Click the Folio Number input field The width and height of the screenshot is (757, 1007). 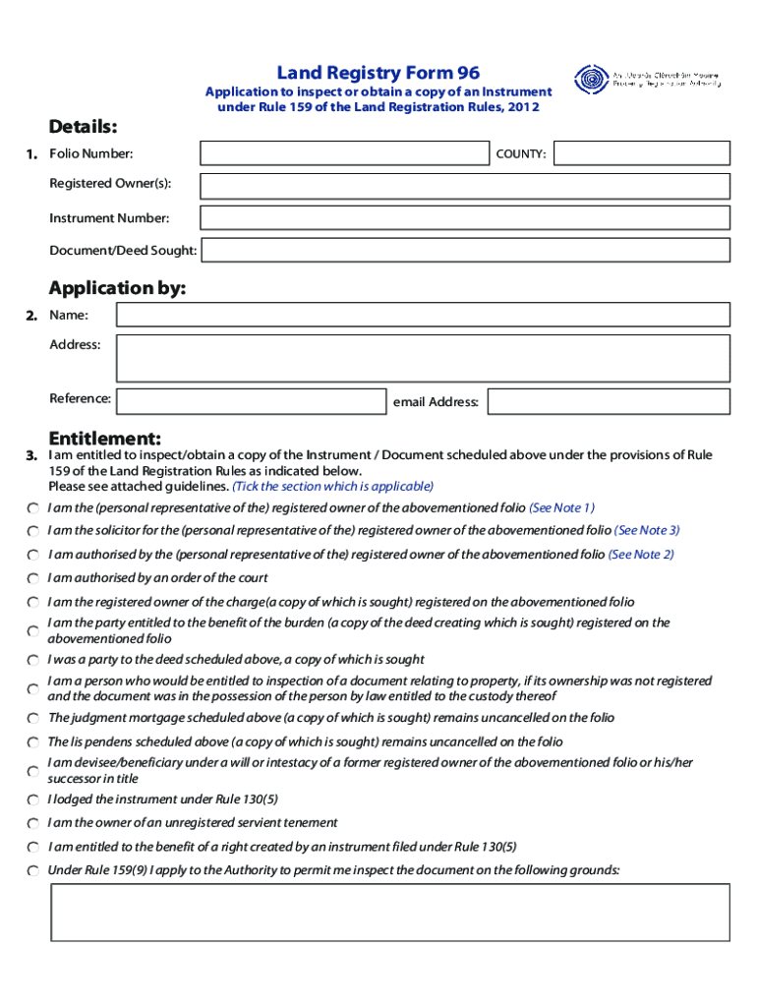(344, 153)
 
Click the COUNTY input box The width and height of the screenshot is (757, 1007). (641, 153)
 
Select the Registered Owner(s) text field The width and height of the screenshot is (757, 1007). (465, 186)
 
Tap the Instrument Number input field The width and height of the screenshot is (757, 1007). (465, 218)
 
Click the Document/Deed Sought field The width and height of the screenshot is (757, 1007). (465, 251)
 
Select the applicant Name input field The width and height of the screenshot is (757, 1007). (423, 315)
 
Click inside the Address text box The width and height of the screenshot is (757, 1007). (423, 358)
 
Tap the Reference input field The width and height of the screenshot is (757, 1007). (250, 401)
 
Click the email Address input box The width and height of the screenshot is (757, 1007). (609, 401)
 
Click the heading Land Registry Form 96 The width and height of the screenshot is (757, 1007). (378, 73)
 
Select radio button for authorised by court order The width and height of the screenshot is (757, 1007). (32, 578)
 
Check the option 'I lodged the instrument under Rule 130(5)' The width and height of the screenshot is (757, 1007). (32, 800)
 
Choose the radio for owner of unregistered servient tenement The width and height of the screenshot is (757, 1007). (32, 823)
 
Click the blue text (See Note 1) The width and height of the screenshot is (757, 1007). (561, 507)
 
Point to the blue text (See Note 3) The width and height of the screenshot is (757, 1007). (647, 530)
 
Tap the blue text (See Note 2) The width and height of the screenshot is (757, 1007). (641, 555)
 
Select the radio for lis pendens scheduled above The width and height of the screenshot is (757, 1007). (32, 742)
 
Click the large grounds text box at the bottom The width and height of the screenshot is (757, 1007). (390, 912)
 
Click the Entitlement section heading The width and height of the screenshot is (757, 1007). (105, 438)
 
